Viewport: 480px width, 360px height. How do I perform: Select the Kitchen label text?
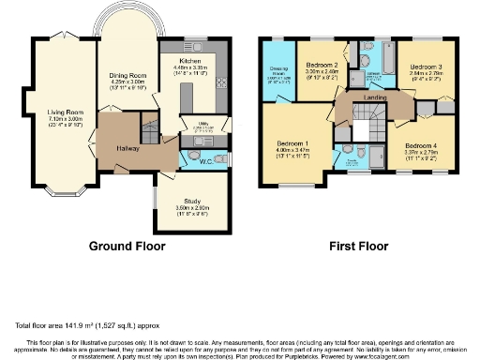pos(183,58)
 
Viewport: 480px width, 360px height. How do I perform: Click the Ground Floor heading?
pos(127,247)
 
